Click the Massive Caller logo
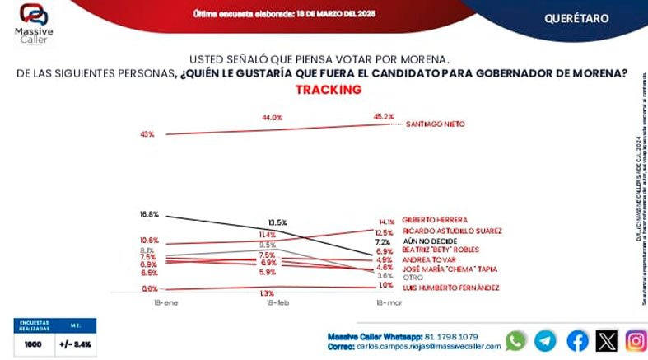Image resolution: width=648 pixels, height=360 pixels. pos(35,22)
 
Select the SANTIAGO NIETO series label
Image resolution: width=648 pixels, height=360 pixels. pos(436,124)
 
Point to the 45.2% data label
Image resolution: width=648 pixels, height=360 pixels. pos(384,116)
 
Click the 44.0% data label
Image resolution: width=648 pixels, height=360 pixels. pos(273,118)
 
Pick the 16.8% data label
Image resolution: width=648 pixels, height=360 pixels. pos(148,214)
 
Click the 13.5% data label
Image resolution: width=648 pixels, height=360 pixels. pos(277,222)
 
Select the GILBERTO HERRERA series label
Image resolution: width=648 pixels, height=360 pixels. pos(435,220)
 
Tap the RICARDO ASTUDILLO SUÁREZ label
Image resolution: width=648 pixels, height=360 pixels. pos(452,231)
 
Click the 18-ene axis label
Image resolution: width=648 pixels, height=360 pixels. pos(147,304)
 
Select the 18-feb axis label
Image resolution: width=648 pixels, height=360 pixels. pos(277,304)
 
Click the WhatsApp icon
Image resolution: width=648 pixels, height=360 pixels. pos(515,341)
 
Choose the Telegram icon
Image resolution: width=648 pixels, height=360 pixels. pos(545,341)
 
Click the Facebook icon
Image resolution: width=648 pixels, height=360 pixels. pos(577,341)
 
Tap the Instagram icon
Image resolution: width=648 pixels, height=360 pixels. pos(635,341)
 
